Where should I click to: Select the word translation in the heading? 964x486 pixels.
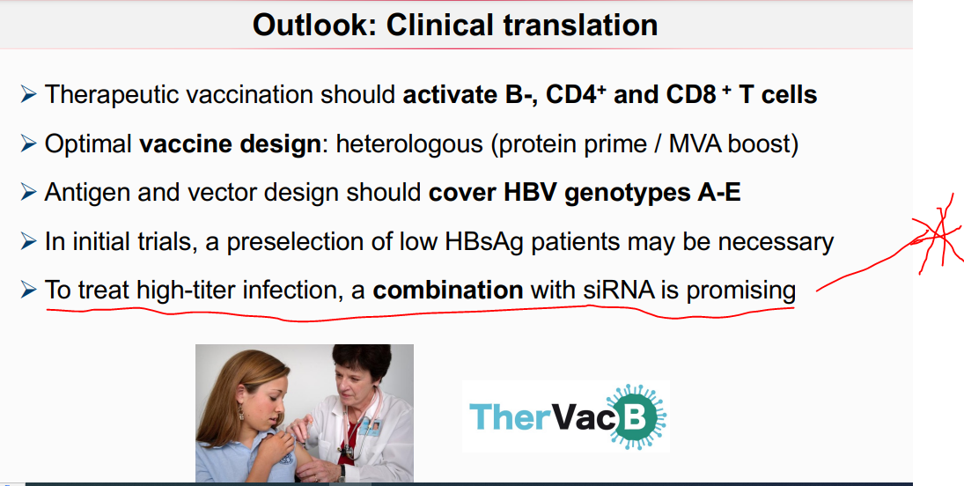pos(585,26)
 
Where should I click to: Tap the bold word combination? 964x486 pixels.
pos(448,291)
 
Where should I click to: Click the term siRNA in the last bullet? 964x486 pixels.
pos(620,291)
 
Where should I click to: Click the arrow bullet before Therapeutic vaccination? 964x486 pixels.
pos(28,95)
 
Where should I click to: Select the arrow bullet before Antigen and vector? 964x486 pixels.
pos(28,193)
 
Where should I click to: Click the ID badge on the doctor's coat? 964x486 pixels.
pos(372,426)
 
